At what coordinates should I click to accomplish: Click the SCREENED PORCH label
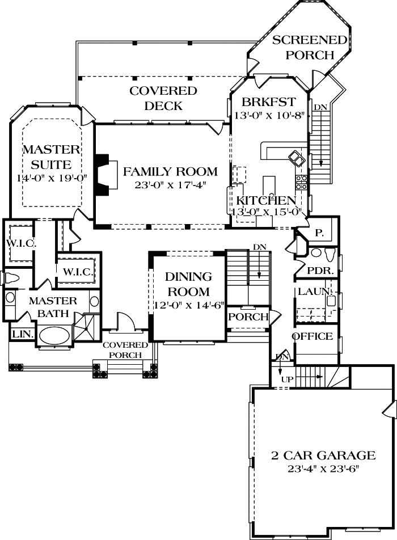309,47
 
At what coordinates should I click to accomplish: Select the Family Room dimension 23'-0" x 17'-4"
170,185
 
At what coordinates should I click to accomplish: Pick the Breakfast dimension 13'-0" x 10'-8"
269,115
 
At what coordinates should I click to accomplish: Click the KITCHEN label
265,200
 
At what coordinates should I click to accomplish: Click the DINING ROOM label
188,284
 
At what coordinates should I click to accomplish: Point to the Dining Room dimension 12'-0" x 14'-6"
188,306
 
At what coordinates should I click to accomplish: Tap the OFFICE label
312,336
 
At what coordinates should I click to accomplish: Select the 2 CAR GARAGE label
323,455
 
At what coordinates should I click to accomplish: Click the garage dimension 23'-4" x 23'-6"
323,469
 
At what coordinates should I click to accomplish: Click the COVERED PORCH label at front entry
125,350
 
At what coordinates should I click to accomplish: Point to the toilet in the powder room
317,252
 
